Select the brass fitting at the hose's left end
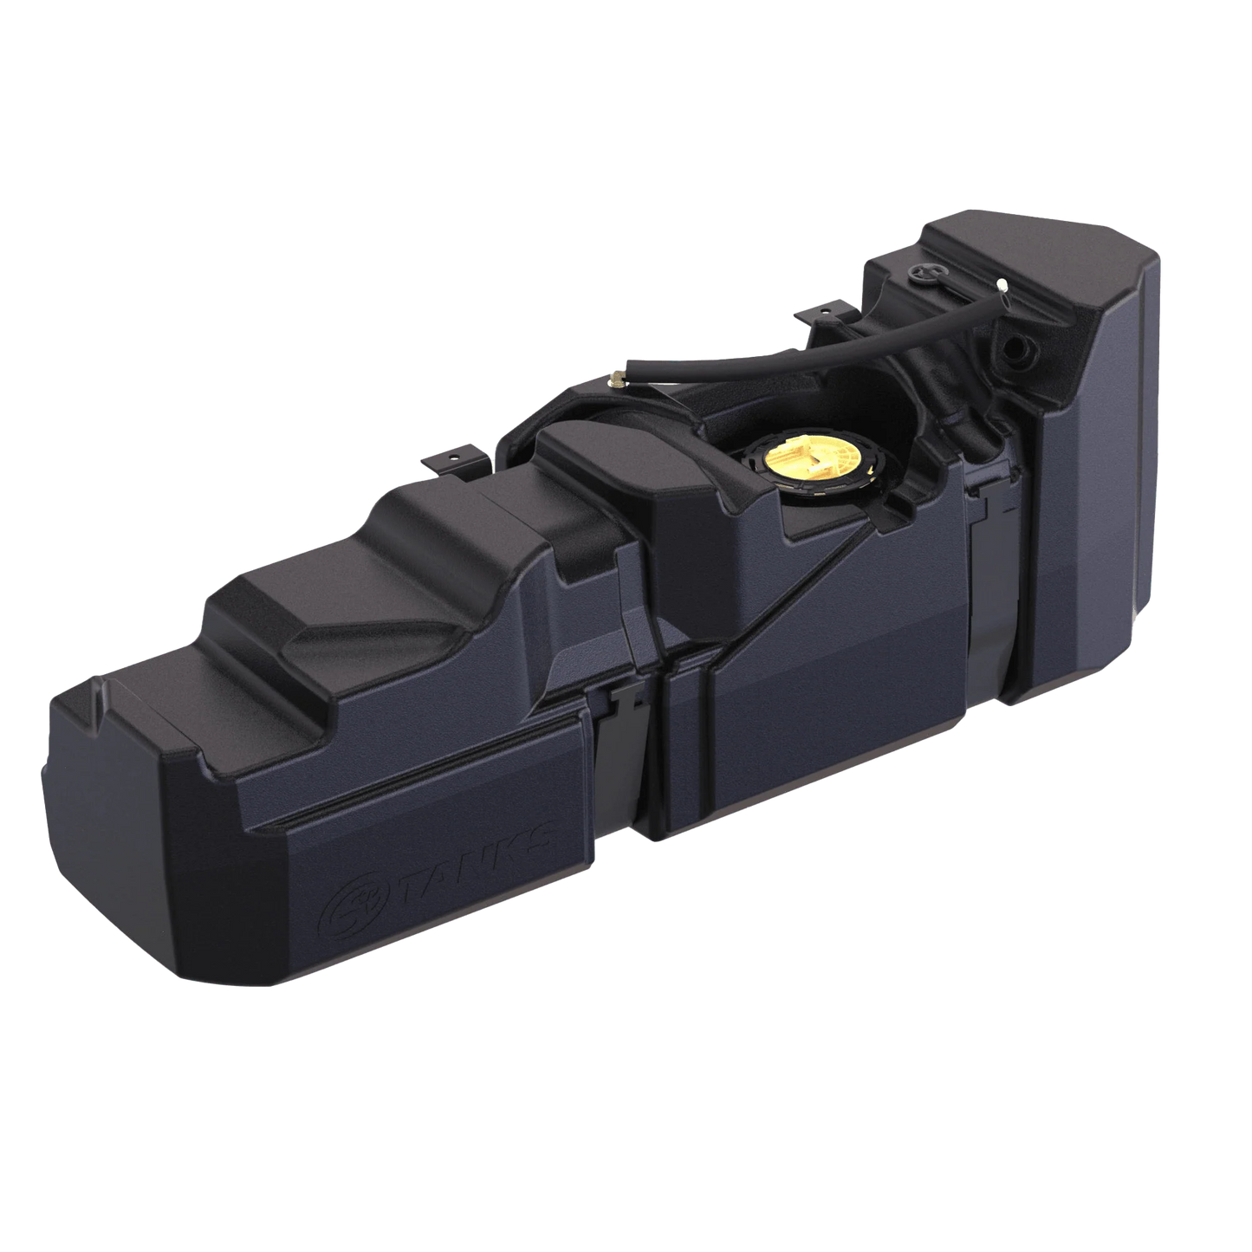coord(617,376)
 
